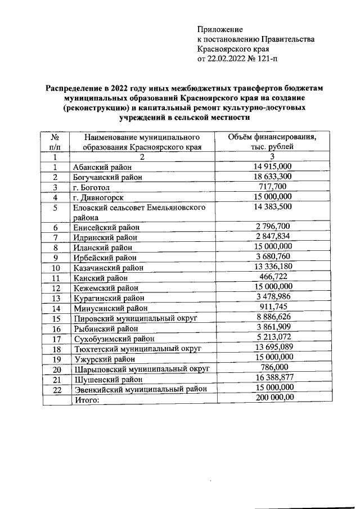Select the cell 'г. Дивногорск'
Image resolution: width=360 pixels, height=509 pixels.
click(x=98, y=197)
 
